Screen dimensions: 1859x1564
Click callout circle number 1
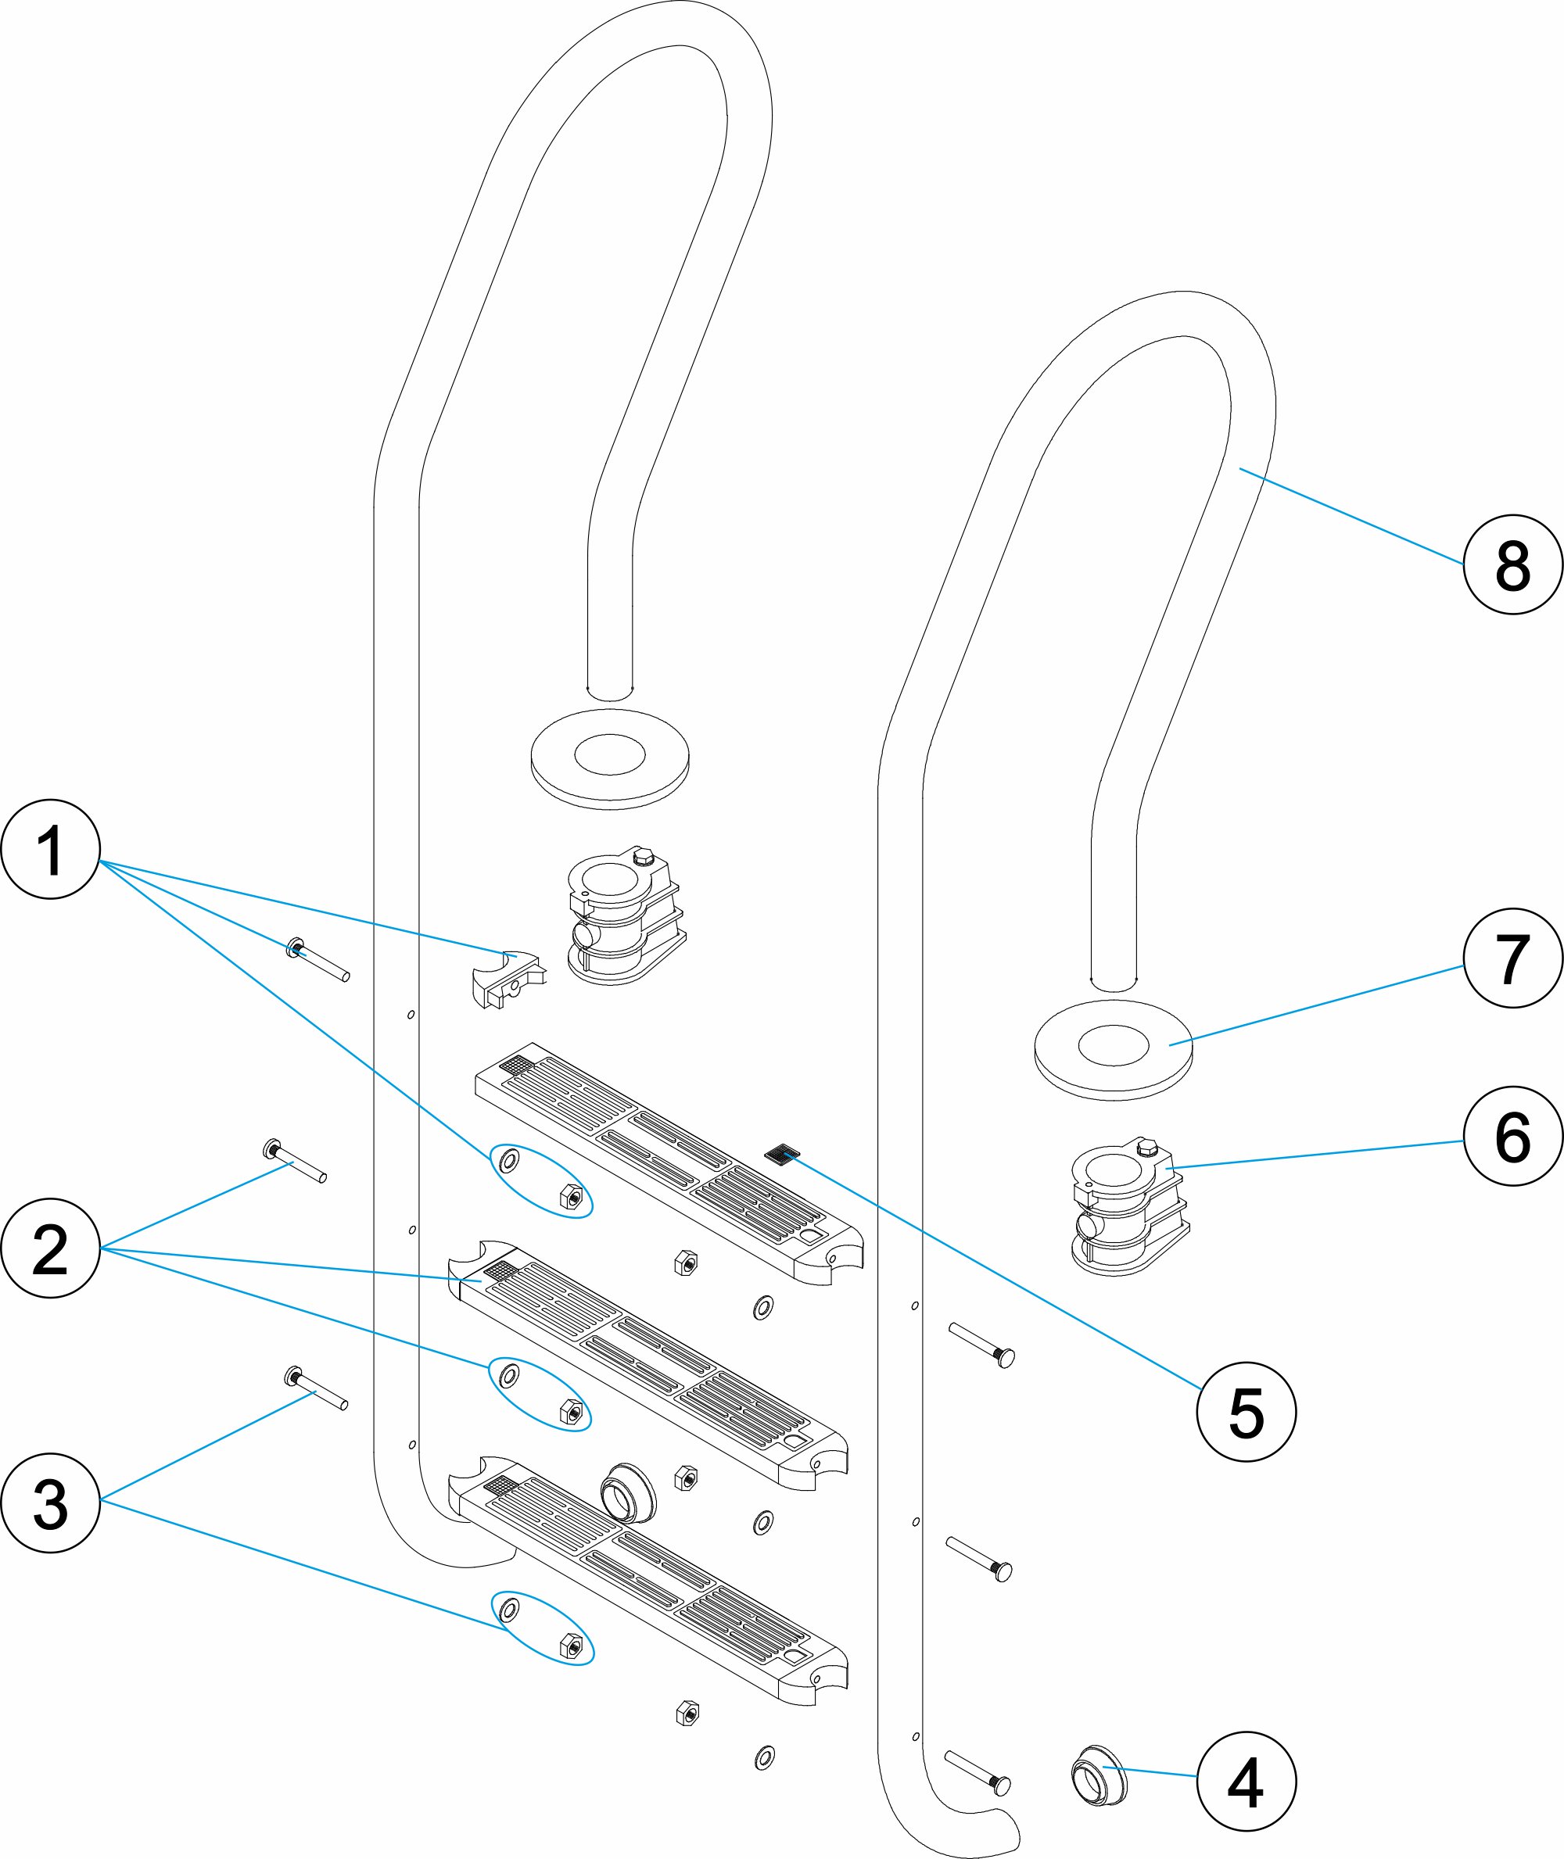[x=51, y=848]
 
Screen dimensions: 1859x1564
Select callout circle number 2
[x=51, y=1248]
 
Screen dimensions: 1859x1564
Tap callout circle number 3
[x=51, y=1502]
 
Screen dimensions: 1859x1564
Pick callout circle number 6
[x=1512, y=1137]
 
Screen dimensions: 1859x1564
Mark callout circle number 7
[x=1512, y=958]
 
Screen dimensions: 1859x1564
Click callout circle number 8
[x=1512, y=564]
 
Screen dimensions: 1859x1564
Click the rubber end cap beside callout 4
[x=1100, y=1775]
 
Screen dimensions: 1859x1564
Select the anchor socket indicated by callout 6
[x=1128, y=1208]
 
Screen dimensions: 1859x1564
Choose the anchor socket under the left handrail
[x=625, y=915]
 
